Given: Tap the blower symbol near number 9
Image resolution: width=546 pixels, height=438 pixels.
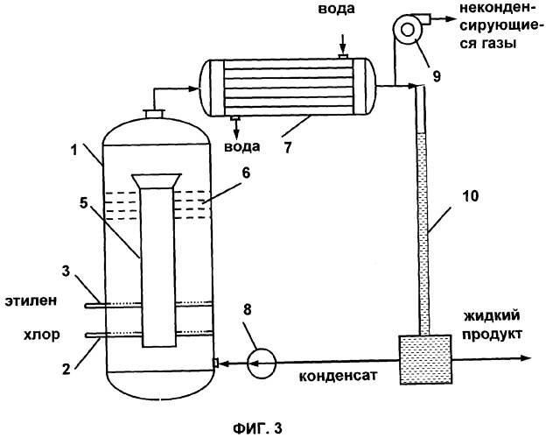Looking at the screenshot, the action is point(408,30).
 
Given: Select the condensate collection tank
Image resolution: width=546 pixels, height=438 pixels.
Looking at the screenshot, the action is point(425,359).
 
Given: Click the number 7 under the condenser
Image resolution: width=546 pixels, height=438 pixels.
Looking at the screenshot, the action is point(287,147).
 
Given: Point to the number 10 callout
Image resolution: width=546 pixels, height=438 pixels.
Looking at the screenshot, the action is point(470,196).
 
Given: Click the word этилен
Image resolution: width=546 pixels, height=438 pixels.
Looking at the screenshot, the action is point(31,300).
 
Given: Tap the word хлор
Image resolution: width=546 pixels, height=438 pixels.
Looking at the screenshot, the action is point(41,335).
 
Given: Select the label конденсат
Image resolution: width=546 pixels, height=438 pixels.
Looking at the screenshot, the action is point(338,376).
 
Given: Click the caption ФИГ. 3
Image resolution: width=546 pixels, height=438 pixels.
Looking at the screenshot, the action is point(257,428).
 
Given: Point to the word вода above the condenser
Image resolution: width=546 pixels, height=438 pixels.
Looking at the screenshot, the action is point(336,9).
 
